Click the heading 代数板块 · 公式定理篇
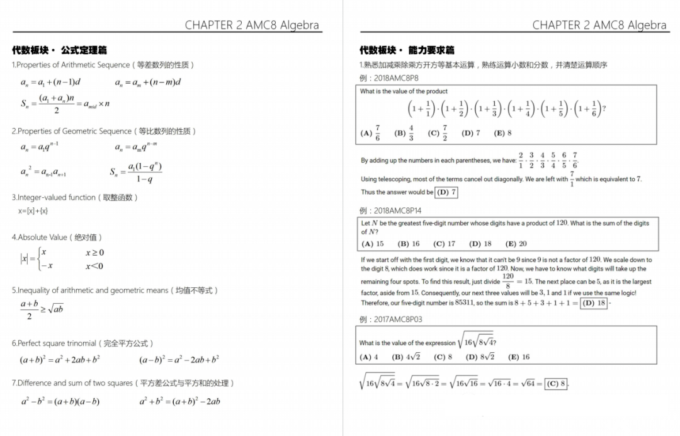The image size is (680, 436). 59,50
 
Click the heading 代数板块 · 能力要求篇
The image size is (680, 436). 407,50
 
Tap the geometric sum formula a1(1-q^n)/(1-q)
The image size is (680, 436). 135,173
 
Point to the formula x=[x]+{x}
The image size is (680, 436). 33,211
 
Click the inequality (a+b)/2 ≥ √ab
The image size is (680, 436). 42,309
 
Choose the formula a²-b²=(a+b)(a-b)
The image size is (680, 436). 60,401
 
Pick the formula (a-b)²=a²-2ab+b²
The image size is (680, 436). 179,360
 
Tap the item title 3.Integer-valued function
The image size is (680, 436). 74,197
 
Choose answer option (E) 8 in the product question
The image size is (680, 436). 502,133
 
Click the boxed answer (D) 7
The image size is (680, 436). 446,192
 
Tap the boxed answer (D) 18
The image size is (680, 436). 594,303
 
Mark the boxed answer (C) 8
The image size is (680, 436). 557,383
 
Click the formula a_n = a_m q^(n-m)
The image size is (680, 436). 136,146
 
